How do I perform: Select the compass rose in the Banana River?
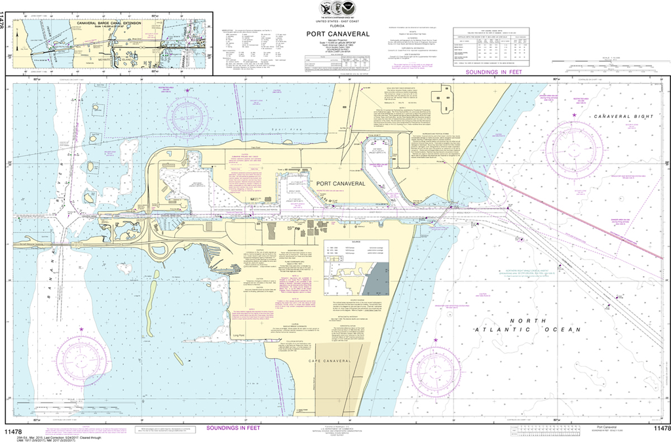(x=81, y=360)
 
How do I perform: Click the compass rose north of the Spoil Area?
(x=187, y=117)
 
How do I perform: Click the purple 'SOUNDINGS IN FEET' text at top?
(x=493, y=71)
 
